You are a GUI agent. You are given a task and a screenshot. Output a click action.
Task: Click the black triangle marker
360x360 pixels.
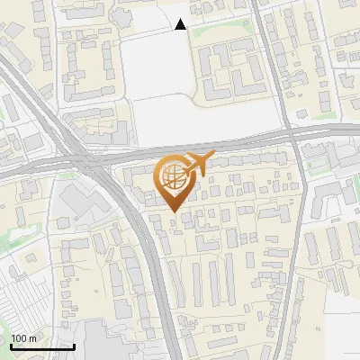click(x=181, y=24)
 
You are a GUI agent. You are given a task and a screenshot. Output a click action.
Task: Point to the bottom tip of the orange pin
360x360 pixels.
click(x=172, y=213)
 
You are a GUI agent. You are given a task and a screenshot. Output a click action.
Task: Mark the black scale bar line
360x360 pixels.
click(x=42, y=346)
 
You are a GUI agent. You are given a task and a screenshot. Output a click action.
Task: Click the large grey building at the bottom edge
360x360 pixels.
click(x=117, y=342)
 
